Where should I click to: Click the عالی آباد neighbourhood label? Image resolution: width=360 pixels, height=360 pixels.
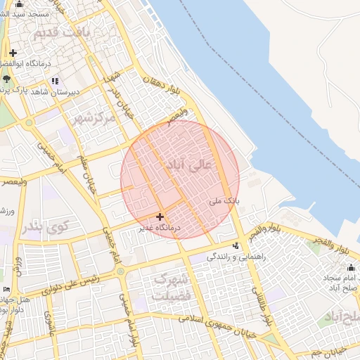click(186, 166)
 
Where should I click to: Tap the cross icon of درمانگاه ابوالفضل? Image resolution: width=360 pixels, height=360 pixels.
click(13, 53)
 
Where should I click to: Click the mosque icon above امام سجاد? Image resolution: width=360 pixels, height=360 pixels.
click(351, 267)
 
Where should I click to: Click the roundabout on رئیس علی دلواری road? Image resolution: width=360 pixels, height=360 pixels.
click(120, 270)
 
